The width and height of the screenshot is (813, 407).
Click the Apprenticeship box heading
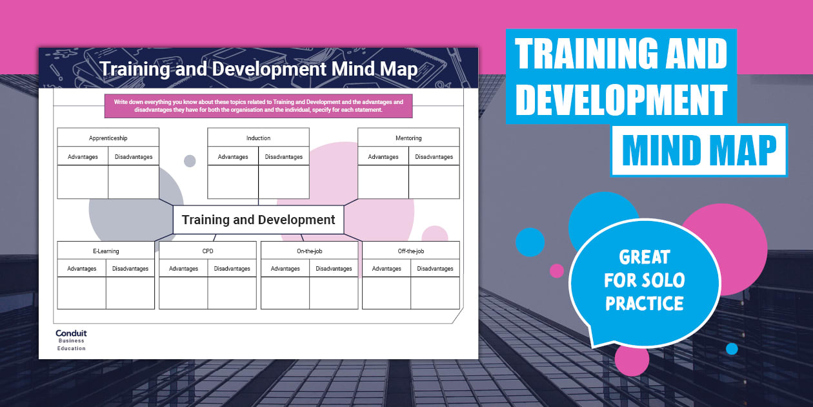pos(108,138)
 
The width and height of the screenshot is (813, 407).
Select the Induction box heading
pos(258,138)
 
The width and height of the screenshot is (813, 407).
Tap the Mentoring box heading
pos(408,138)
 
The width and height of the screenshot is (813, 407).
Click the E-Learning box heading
pos(106,251)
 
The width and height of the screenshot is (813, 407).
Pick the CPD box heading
pos(207,251)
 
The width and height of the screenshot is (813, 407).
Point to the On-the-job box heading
pos(309,251)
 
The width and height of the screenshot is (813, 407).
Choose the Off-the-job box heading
pos(411,251)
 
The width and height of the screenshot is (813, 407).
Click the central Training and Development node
pos(258,220)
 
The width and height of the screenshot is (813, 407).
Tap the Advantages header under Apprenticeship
pos(83,156)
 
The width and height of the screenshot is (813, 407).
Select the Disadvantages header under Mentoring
pos(434,156)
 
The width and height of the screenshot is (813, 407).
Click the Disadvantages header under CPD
pos(232,269)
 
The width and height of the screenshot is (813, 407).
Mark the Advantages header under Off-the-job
pos(386,269)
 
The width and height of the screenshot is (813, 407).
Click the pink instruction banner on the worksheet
pos(258,107)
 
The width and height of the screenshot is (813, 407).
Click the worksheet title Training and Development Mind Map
pos(258,69)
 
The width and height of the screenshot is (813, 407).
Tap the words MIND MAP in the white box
pos(699,151)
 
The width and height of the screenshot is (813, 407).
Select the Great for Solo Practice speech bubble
pos(644,280)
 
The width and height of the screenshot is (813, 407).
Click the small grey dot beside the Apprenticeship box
pos(190,161)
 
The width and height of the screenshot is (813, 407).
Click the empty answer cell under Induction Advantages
pos(233,182)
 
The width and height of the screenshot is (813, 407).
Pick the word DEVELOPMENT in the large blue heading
pos(621,100)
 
